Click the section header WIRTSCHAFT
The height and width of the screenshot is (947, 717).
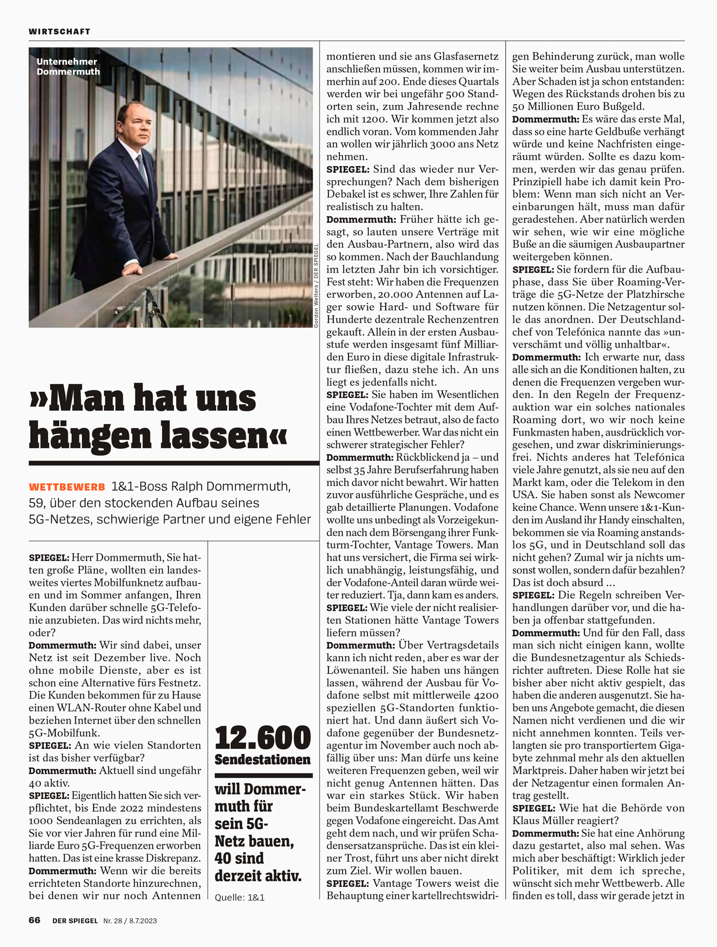59,32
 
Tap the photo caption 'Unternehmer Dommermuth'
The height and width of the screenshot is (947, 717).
68,67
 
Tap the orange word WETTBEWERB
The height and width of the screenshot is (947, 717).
67,487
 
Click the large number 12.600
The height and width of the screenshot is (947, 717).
262,738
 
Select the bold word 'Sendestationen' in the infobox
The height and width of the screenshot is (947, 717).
262,760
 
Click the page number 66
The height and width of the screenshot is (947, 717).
35,920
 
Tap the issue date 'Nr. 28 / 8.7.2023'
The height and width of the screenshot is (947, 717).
130,920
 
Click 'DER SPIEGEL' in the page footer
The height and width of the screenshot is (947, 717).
75,920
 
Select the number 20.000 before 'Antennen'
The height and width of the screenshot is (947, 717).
397,294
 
